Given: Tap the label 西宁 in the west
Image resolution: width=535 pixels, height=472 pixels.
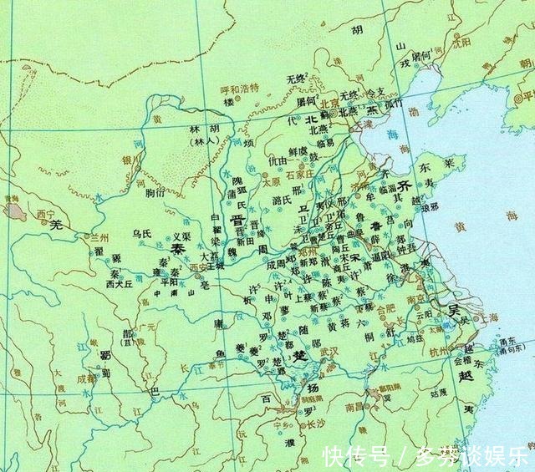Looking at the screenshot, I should pyautogui.click(x=48, y=216).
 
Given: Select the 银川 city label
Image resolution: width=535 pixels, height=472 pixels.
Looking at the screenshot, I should pyautogui.click(x=130, y=160).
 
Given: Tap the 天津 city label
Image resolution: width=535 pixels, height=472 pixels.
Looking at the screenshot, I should pyautogui.click(x=364, y=124).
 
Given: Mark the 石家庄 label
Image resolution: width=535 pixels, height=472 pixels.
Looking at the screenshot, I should pyautogui.click(x=297, y=174).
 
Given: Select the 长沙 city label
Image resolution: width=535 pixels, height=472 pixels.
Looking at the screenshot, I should pyautogui.click(x=315, y=424).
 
